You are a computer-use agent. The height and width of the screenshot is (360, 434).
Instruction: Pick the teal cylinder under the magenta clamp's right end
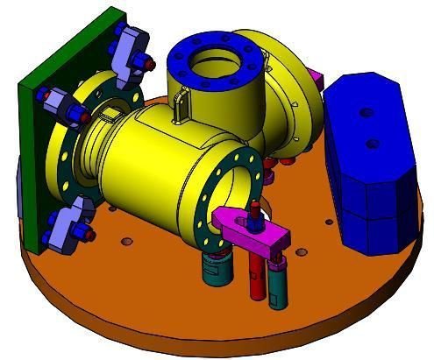277,280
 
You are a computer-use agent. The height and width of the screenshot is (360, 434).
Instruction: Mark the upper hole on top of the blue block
361,112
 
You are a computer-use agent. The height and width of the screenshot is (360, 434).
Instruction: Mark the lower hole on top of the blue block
371,142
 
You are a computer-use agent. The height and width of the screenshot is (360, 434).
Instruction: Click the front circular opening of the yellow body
231,189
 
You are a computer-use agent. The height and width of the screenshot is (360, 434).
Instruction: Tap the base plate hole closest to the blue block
331,222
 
